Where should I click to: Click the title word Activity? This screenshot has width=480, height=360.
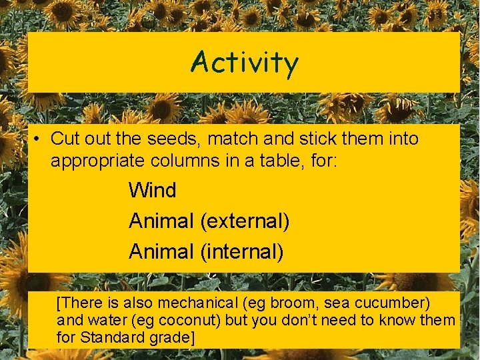click(x=244, y=63)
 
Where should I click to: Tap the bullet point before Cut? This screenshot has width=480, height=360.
click(x=40, y=139)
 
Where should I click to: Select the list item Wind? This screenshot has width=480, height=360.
click(x=153, y=191)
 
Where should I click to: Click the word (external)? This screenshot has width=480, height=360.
click(x=245, y=221)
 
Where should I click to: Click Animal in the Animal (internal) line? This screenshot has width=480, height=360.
click(x=161, y=252)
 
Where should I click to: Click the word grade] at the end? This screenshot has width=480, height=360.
click(x=172, y=338)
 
